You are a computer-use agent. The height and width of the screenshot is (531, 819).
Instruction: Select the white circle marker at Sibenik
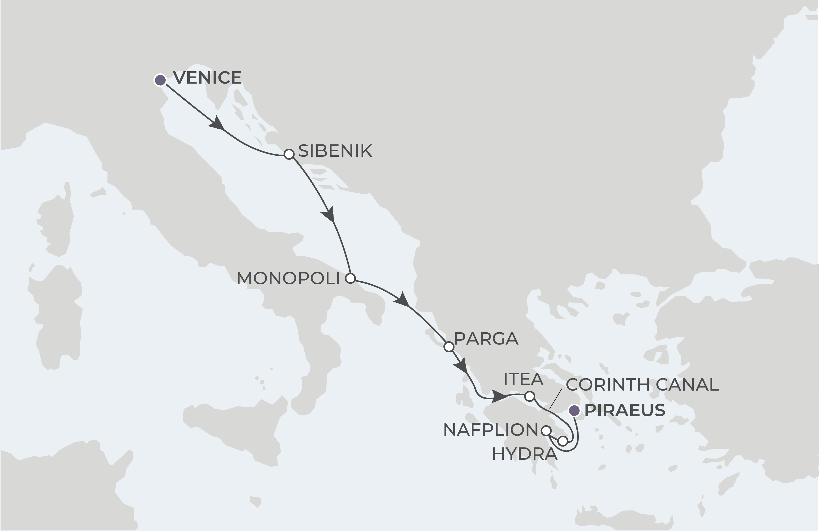(289, 154)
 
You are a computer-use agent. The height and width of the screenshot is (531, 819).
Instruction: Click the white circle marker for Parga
(449, 346)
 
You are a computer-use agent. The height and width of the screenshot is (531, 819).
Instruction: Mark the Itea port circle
(530, 396)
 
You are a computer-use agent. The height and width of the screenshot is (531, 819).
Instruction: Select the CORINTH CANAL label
(642, 385)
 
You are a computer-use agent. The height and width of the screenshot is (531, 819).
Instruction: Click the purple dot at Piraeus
(574, 410)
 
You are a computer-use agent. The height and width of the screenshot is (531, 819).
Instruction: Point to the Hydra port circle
(562, 441)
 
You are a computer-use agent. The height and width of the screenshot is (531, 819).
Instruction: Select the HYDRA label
(524, 454)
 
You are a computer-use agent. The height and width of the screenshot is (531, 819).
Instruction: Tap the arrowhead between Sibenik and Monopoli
(329, 215)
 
